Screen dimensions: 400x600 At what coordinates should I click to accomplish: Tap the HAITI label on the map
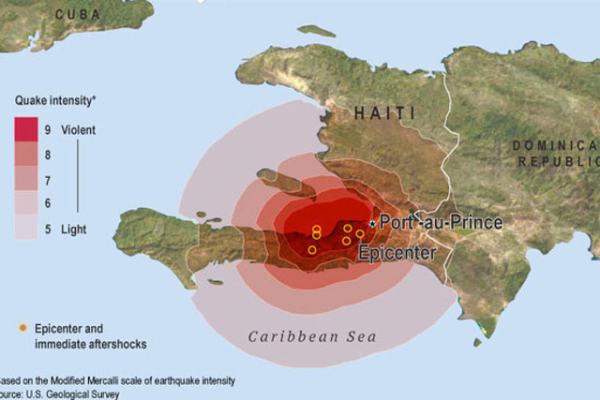(x=384, y=113)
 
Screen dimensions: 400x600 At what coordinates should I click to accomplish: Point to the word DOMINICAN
(x=555, y=144)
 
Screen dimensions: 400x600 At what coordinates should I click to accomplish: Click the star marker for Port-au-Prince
(x=373, y=224)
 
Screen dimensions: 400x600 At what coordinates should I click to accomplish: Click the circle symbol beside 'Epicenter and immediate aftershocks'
(x=22, y=328)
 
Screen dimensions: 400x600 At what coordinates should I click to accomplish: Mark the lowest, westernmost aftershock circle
(x=312, y=249)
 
